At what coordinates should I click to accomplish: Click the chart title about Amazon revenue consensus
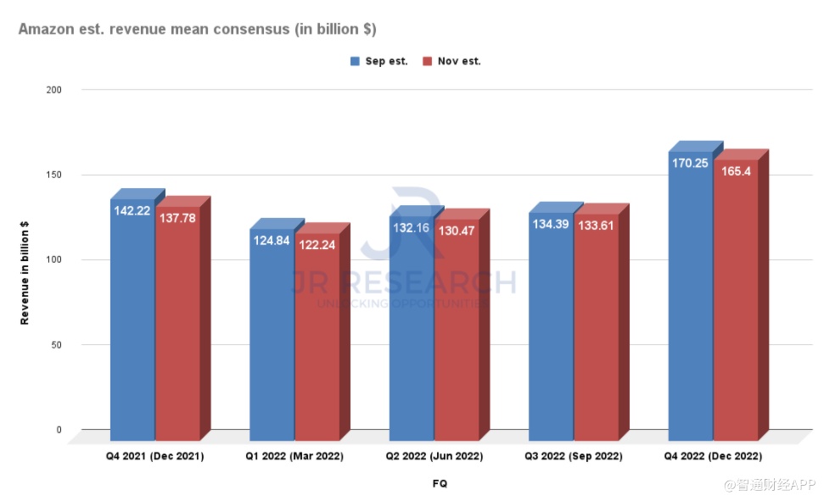[197, 30]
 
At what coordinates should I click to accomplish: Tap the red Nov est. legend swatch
[428, 61]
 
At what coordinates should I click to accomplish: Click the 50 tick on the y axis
[57, 344]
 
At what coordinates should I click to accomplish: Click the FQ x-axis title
[439, 484]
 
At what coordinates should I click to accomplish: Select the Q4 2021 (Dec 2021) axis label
[155, 456]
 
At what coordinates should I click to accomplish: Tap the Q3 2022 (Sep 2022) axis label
[574, 456]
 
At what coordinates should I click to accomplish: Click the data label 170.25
[690, 164]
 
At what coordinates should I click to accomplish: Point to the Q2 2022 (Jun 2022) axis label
[434, 456]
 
